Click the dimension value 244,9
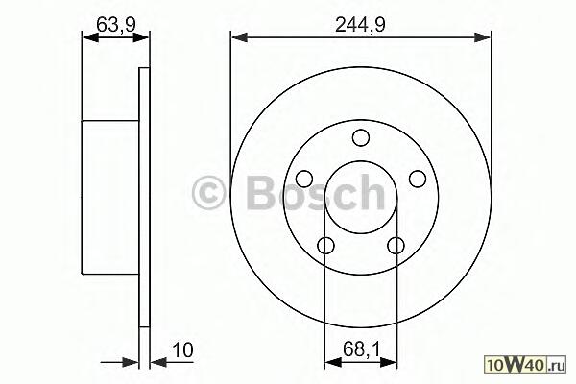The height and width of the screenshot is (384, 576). click(x=360, y=25)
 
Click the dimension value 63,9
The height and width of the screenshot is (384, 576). click(x=116, y=25)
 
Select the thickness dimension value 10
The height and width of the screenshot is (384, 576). click(x=182, y=350)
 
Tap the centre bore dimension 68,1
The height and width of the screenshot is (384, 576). click(x=361, y=349)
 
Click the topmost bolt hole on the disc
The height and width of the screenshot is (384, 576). click(x=361, y=137)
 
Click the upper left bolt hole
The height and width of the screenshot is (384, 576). click(x=304, y=179)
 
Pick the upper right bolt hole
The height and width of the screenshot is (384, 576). click(x=418, y=179)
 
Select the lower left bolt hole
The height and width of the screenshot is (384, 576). click(x=325, y=246)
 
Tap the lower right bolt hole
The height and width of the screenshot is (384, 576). click(x=396, y=246)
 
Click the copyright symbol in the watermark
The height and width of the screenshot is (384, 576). click(x=208, y=193)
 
